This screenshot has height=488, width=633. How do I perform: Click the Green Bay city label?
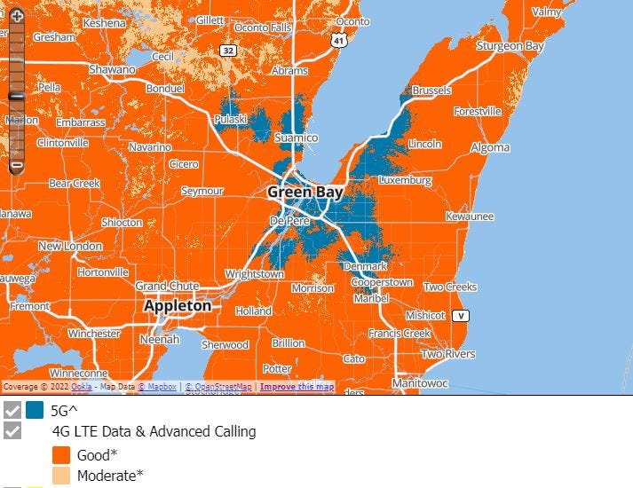coord(302,192)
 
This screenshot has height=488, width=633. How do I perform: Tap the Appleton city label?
coord(178,305)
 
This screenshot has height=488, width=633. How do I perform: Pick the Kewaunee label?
coord(469,216)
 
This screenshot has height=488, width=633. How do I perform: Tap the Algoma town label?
coord(490,147)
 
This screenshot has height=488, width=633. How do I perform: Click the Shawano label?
coord(112,69)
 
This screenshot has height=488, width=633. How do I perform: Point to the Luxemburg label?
coord(405,180)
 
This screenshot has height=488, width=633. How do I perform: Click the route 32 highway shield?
coord(229,51)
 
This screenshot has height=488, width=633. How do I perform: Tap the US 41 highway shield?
coord(338,41)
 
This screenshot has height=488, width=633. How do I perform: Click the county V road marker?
coord(460,316)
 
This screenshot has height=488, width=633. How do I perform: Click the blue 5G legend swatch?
coord(35,411)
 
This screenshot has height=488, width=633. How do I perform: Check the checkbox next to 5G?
coord(12,411)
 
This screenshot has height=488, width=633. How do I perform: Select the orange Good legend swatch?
coord(62,454)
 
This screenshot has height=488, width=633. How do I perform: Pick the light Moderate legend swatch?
coord(62,476)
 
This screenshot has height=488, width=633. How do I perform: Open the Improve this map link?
coord(297,387)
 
